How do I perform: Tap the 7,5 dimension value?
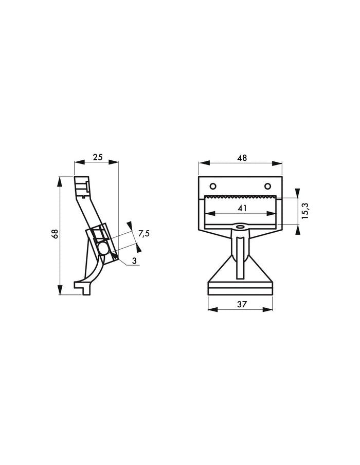144,234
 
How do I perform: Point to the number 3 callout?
134,261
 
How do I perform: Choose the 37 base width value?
242,304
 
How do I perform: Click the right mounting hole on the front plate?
267,185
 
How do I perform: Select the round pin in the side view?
103,249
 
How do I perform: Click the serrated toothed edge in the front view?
242,197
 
